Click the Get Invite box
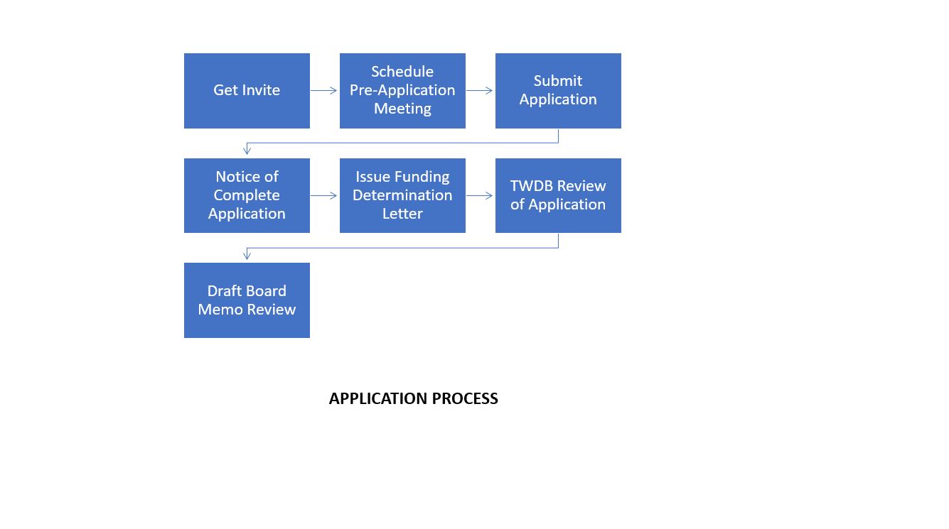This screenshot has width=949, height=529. pos(247,91)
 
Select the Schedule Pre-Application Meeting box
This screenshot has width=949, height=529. pos(402,91)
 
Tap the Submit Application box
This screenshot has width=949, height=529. pos(558,91)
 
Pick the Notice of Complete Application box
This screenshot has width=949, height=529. pos(247,195)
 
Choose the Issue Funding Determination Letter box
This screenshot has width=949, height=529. pos(402,195)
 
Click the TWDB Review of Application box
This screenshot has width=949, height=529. pos(558,195)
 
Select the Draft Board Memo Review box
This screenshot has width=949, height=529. pos(247,300)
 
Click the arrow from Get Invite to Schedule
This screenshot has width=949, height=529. pos(324,90)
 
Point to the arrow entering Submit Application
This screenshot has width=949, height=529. pos(480,90)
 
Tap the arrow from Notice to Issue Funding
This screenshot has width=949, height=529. pos(324,195)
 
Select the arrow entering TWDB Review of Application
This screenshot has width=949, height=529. pos(480,195)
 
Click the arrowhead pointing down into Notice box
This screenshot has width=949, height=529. pos(247,151)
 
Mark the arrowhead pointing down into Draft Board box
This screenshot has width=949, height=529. pos(247,256)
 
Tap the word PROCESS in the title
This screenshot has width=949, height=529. pos(465,399)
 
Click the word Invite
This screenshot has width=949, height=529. pos(262,90)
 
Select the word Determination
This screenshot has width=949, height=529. pos(402,195)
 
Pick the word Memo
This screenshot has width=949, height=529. pos(220,310)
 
